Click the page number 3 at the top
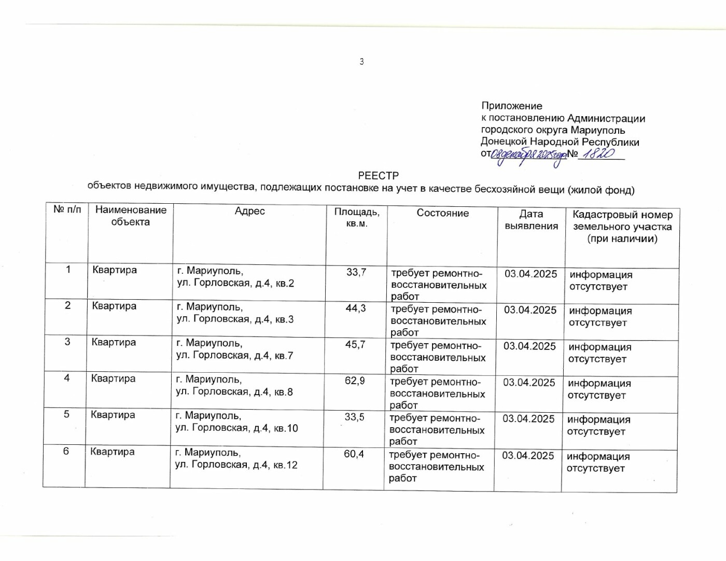[361, 62]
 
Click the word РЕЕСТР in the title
[378, 176]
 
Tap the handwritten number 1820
[598, 153]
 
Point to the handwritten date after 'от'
[528, 156]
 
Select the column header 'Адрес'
[249, 211]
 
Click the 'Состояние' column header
[442, 213]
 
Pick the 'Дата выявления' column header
[531, 220]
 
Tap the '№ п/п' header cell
[67, 209]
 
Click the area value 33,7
[356, 272]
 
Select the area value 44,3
[356, 308]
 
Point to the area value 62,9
[355, 381]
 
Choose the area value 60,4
[354, 454]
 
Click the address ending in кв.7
[234, 349]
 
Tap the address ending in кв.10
[236, 422]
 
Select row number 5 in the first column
[66, 414]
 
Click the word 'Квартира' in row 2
[114, 306]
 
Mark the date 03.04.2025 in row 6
[528, 456]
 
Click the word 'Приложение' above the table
[511, 106]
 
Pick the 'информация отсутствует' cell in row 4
[599, 389]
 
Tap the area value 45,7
[355, 345]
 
